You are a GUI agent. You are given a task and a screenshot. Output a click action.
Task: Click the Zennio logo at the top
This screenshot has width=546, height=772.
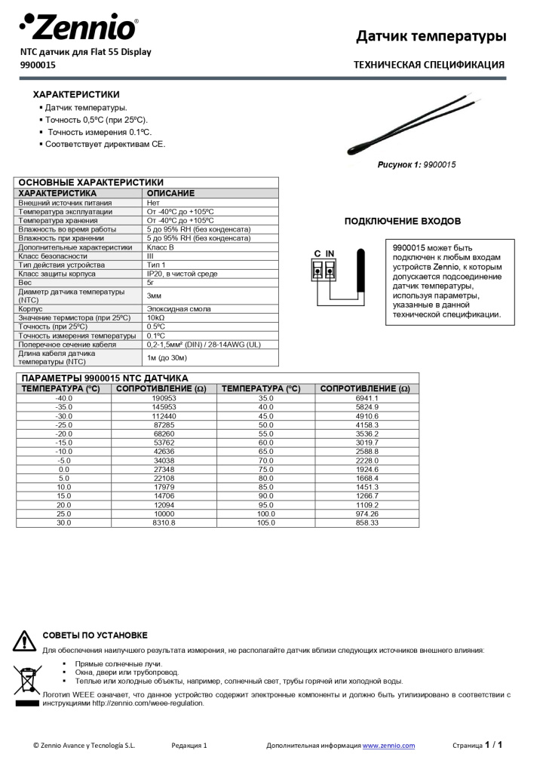(78, 27)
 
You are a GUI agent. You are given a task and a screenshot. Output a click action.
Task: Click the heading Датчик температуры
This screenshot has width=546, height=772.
(431, 36)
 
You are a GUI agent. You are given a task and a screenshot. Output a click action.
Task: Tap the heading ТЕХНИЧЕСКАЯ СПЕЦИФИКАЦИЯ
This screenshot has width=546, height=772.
(428, 65)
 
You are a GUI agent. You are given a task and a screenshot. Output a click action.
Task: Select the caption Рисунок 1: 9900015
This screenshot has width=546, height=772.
(416, 164)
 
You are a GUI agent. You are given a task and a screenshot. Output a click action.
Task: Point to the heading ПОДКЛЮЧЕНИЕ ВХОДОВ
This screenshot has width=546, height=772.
(402, 221)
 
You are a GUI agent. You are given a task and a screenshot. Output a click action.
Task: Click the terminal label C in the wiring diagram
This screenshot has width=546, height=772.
(317, 253)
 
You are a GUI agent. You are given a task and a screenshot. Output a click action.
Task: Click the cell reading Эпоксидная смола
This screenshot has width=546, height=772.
(178, 308)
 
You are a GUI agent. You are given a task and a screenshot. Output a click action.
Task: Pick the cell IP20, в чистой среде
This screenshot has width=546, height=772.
(182, 274)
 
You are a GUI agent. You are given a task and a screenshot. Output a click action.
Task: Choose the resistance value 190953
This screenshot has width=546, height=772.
(164, 398)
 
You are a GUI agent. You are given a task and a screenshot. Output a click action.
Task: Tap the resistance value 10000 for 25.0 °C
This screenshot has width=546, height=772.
(164, 513)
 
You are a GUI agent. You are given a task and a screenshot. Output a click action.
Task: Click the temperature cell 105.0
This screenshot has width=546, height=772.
(266, 522)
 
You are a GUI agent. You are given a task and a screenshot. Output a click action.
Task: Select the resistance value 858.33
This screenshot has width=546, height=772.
(367, 522)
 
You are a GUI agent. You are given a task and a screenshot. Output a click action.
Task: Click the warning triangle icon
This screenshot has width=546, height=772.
(24, 641)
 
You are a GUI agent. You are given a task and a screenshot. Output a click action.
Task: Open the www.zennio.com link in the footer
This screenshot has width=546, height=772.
(388, 746)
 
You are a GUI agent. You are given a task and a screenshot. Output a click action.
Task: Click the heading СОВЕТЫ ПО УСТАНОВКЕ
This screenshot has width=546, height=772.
(95, 636)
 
